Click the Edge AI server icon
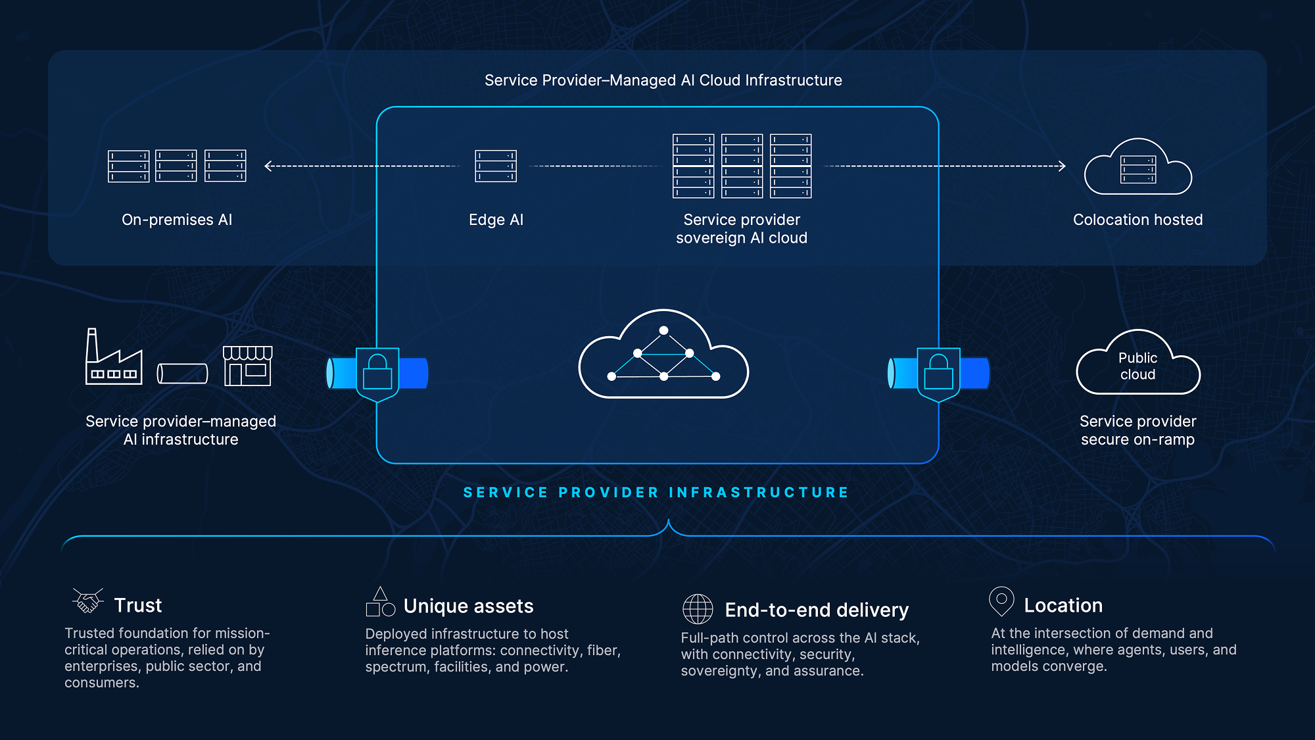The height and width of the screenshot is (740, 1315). point(496,166)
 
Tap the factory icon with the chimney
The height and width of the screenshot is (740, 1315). point(114,357)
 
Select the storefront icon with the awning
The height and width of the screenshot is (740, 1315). point(247,366)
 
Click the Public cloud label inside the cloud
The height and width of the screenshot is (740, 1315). point(1137,366)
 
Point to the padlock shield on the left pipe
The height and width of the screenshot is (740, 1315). point(377,374)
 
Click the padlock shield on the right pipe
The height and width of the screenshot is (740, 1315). point(938,374)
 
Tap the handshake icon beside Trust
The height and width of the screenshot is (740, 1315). point(88,600)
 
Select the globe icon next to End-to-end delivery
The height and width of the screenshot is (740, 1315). point(698,608)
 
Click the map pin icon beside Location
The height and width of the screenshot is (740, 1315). point(1001,601)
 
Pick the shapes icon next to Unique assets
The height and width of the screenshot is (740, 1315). point(380,602)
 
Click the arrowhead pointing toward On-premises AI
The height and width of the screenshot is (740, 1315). point(268,166)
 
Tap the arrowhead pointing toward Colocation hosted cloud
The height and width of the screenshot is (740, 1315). point(1061,166)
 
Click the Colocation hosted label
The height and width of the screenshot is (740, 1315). point(1137,220)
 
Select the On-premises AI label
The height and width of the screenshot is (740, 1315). point(177,220)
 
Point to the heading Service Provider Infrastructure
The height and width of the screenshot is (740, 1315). point(656,492)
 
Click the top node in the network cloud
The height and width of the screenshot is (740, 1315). point(663,330)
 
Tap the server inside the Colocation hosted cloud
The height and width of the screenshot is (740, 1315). point(1138,170)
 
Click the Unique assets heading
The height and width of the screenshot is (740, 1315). point(468,606)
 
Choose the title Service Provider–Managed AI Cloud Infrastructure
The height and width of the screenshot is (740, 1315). point(663,80)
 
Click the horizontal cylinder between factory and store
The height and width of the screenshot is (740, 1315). point(182,374)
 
